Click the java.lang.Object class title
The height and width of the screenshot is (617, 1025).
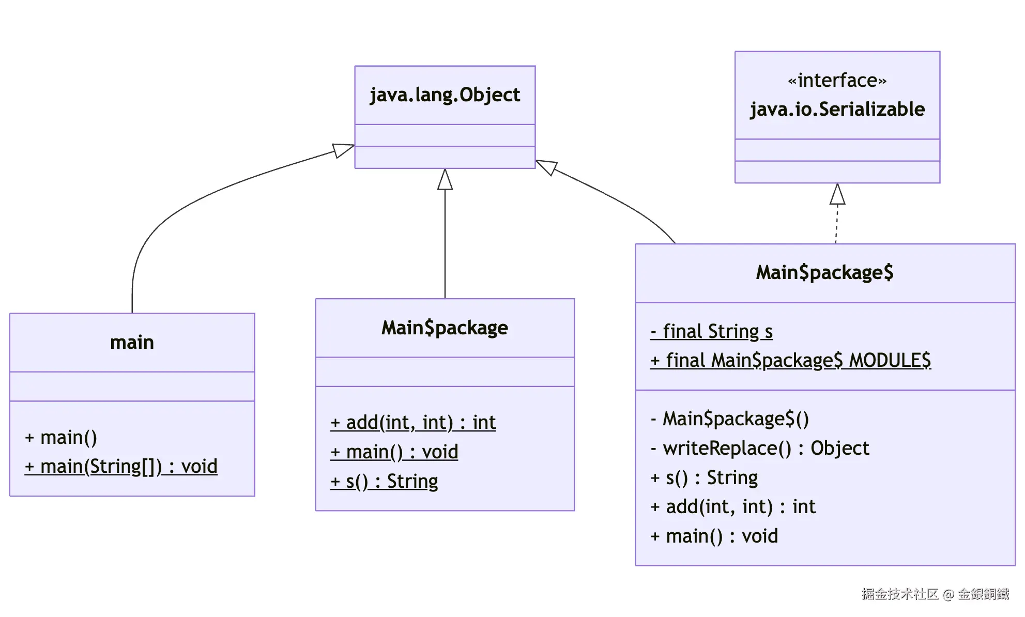445,95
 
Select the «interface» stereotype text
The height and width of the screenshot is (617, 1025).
837,81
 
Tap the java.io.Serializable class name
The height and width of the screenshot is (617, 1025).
837,110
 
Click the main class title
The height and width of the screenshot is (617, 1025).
132,343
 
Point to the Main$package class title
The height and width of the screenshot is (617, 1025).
445,328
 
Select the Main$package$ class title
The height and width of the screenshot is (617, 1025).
824,273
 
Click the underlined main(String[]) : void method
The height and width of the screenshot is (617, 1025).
121,467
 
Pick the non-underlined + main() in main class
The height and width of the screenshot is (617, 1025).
61,438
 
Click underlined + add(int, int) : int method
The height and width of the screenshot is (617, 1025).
413,423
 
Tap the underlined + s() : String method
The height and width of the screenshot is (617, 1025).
384,482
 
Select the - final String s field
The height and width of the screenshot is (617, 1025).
711,332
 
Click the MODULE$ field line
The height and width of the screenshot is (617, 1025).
790,361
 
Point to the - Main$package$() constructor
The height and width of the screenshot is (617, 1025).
729,419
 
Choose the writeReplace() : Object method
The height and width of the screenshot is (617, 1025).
759,449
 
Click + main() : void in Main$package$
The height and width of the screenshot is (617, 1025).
714,536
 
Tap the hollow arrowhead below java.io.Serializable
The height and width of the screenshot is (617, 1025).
837,195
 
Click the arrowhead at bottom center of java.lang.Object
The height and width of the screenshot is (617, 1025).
445,180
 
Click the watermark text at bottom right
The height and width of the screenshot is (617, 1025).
935,594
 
